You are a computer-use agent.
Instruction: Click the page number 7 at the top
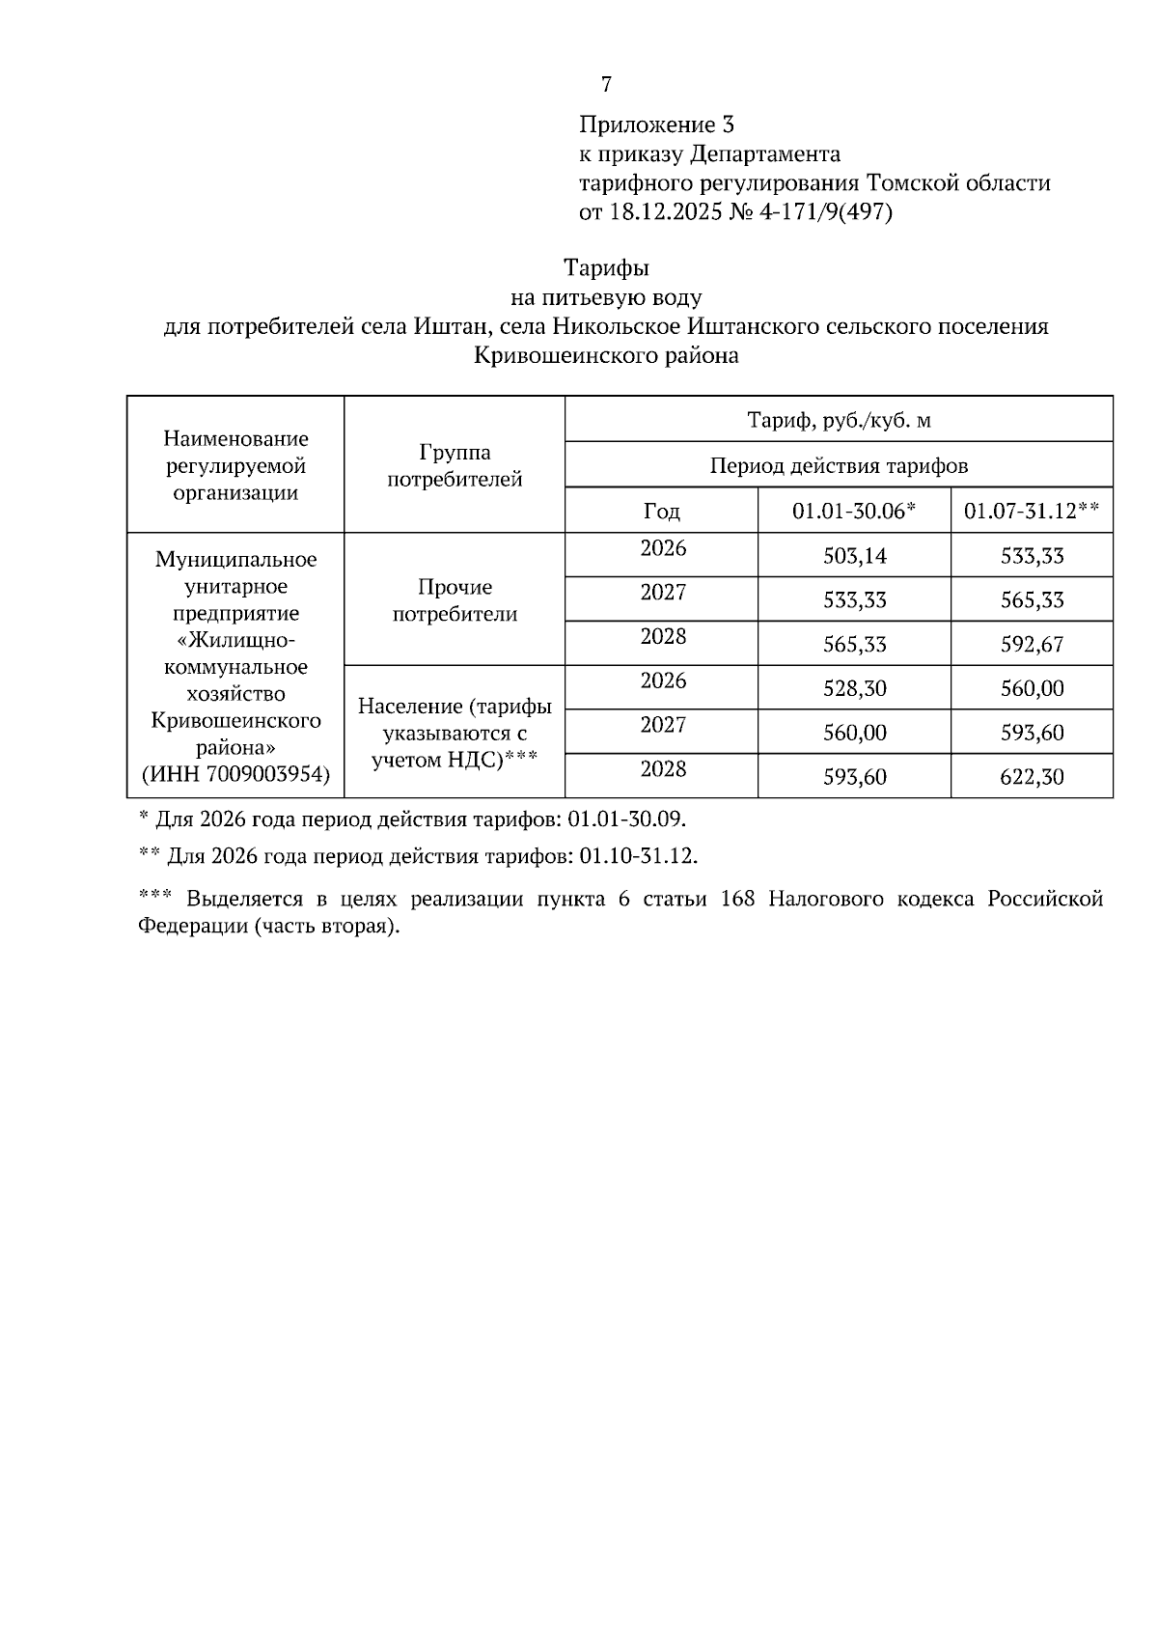[x=606, y=85]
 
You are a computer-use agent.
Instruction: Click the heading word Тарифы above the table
[x=606, y=267]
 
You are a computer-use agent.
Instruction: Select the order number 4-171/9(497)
[x=826, y=211]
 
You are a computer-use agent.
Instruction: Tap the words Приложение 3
[x=656, y=125]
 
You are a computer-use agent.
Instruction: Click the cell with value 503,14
[x=854, y=556]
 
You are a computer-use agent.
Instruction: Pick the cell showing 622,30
[x=1032, y=777]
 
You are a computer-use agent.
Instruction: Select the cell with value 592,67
[x=1032, y=644]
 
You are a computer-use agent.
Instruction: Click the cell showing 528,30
[x=854, y=688]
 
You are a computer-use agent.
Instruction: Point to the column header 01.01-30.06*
[x=853, y=511]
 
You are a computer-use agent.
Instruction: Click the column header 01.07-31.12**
[x=1032, y=511]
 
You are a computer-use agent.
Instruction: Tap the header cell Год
[x=661, y=511]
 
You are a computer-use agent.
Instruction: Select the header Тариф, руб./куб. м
[x=839, y=421]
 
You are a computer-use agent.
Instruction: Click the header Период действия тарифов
[x=839, y=466]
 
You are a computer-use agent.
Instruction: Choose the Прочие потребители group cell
[x=455, y=599]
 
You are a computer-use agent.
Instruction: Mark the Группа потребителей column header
[x=455, y=465]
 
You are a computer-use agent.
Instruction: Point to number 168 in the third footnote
[x=738, y=900]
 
